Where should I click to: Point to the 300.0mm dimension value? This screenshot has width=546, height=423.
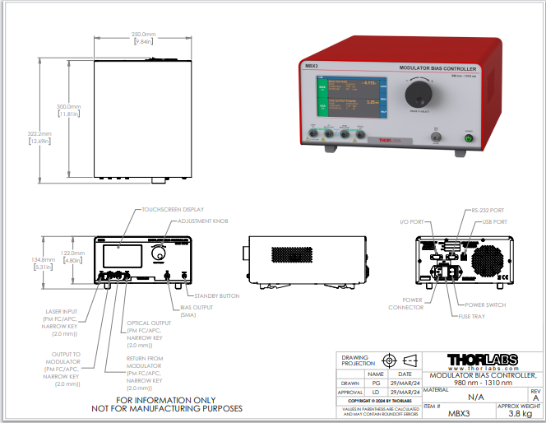(68, 107)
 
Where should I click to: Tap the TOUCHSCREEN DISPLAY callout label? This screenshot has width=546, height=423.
(173, 210)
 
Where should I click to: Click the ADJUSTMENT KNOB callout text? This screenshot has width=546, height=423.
(201, 221)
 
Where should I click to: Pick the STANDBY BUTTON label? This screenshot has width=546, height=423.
(216, 295)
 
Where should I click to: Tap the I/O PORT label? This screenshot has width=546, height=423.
(410, 221)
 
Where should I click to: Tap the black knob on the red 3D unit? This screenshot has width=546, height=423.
(420, 90)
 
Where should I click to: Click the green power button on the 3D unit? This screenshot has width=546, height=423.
(470, 138)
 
